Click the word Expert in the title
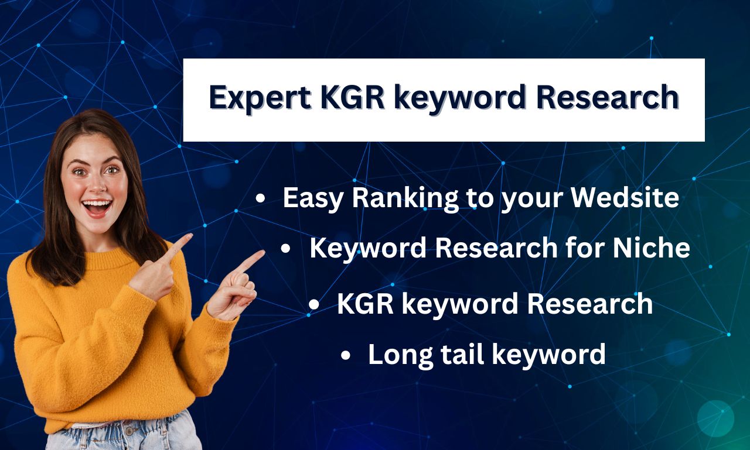point(260,98)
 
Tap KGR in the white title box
point(352,97)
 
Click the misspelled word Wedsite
point(625,197)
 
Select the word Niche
point(651,248)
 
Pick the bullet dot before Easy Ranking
point(260,198)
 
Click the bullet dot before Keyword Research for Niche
point(285,248)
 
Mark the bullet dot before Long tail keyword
point(345,355)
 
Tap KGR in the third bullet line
point(365,304)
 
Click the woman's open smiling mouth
point(97,207)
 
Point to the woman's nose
point(97,186)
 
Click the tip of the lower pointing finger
point(263,252)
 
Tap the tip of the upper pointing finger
point(191,236)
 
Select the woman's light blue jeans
point(124,433)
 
